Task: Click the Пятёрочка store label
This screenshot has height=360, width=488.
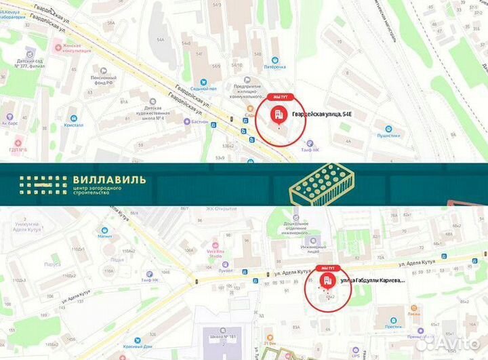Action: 274,67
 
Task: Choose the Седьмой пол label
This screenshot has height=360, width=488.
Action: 203,89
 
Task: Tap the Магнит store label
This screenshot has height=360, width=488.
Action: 104,237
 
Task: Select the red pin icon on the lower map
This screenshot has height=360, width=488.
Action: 327,280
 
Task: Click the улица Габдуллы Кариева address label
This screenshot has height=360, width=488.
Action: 373,279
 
